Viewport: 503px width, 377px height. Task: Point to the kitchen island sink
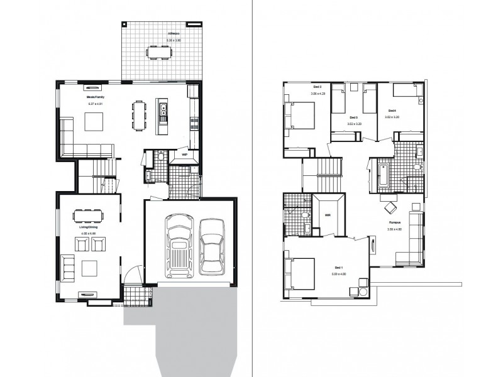point(163,112)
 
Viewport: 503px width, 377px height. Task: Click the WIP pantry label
point(184,154)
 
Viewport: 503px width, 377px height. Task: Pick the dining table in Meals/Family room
point(138,115)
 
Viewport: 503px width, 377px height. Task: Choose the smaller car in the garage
point(212,246)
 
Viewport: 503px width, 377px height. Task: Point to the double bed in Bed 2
point(301,116)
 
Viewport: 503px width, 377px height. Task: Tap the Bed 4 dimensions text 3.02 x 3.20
point(393,117)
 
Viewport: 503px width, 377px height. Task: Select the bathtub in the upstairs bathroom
point(383,174)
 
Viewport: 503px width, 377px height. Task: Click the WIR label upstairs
point(328,215)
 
